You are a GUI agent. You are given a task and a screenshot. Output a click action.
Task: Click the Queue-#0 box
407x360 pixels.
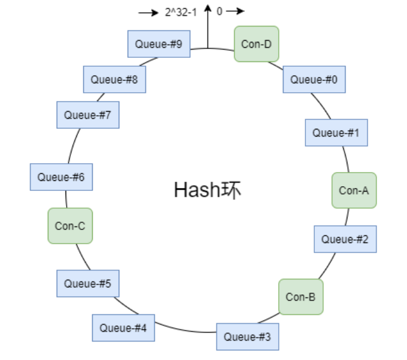pyautogui.click(x=314, y=79)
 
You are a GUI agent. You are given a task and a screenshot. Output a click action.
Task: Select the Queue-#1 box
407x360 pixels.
pyautogui.click(x=336, y=132)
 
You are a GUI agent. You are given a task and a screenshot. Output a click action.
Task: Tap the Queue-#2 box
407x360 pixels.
pyautogui.click(x=345, y=239)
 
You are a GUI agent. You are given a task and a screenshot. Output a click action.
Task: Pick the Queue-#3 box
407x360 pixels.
pyautogui.click(x=248, y=337)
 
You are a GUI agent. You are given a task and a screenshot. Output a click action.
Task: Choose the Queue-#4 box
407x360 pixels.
pyautogui.click(x=123, y=327)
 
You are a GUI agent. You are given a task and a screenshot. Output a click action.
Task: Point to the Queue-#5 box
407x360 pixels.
pyautogui.click(x=88, y=283)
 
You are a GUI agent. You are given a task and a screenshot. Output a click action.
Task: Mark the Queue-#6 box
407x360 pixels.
pyautogui.click(x=61, y=177)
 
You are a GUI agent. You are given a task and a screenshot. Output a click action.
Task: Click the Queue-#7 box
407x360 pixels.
pyautogui.click(x=88, y=115)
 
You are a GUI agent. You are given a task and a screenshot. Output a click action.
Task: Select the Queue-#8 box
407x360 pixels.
pyautogui.click(x=115, y=79)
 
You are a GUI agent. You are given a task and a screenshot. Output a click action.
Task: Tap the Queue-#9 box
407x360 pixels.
pyautogui.click(x=158, y=44)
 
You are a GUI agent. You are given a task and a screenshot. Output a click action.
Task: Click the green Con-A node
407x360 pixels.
pyautogui.click(x=354, y=190)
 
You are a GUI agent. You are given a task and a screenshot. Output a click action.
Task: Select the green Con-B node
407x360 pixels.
pyautogui.click(x=301, y=297)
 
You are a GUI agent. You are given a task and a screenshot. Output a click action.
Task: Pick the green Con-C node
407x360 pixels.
pyautogui.click(x=70, y=225)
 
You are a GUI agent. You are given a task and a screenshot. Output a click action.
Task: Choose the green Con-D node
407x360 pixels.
pyautogui.click(x=256, y=44)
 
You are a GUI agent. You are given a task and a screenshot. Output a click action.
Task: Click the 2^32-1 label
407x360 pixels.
pyautogui.click(x=181, y=11)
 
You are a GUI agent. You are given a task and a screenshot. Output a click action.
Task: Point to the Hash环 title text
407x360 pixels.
pyautogui.click(x=207, y=190)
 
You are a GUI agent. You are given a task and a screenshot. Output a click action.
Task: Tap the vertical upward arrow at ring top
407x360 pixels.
pyautogui.click(x=208, y=26)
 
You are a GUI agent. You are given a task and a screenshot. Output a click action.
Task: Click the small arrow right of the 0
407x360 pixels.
pyautogui.click(x=235, y=11)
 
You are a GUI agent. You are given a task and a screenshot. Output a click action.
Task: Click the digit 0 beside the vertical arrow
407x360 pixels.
pyautogui.click(x=219, y=11)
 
